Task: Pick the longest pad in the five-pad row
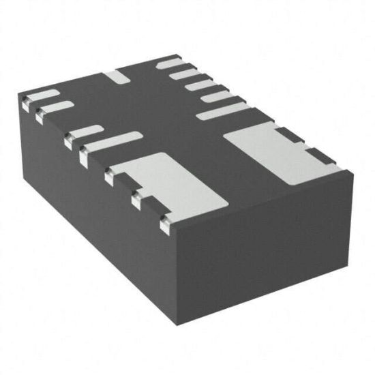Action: pos(222,111)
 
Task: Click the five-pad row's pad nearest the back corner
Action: pos(172,65)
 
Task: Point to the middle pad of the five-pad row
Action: pos(200,87)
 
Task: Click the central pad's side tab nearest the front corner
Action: pos(164,222)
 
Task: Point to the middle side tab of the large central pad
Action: pos(136,199)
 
